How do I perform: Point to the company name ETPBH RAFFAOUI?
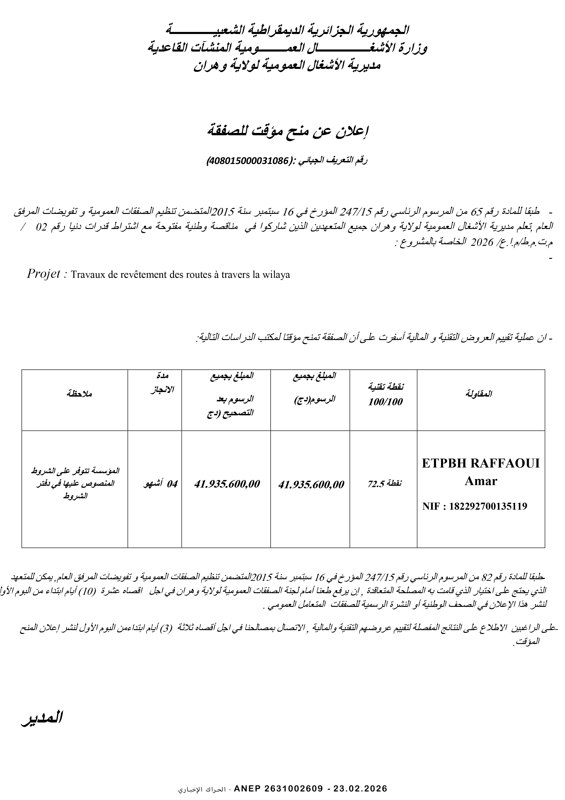pyautogui.click(x=481, y=463)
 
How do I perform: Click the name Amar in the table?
pyautogui.click(x=481, y=481)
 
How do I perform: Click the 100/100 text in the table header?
pyautogui.click(x=385, y=402)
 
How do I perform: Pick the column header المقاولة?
pyautogui.click(x=481, y=394)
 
